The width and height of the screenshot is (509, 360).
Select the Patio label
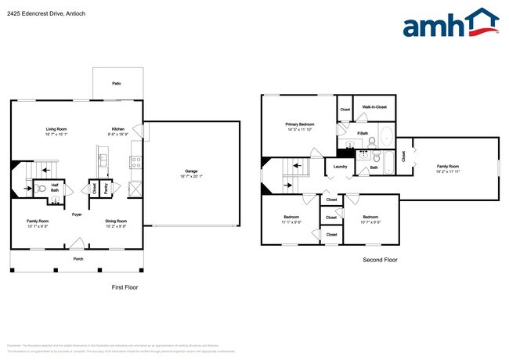coord(116,82)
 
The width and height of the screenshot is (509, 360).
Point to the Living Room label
coord(55,128)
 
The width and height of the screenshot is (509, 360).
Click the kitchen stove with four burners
coord(135,163)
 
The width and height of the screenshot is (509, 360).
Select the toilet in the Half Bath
coord(39,188)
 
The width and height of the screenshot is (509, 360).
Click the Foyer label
coord(77,214)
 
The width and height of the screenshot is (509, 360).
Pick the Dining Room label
coord(117,221)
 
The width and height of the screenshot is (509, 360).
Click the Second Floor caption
coord(380,259)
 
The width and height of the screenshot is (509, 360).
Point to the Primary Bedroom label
coord(300,124)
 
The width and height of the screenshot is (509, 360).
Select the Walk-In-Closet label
coord(374,107)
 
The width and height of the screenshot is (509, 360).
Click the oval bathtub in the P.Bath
coord(374,142)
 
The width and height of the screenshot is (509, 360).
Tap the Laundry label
coord(340,166)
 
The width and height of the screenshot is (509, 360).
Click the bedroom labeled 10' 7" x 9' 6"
coord(370,219)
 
